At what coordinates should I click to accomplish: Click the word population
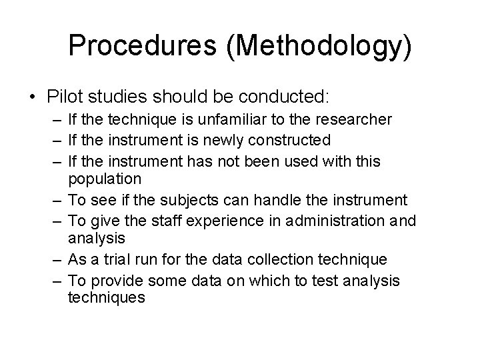tap(105, 179)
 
